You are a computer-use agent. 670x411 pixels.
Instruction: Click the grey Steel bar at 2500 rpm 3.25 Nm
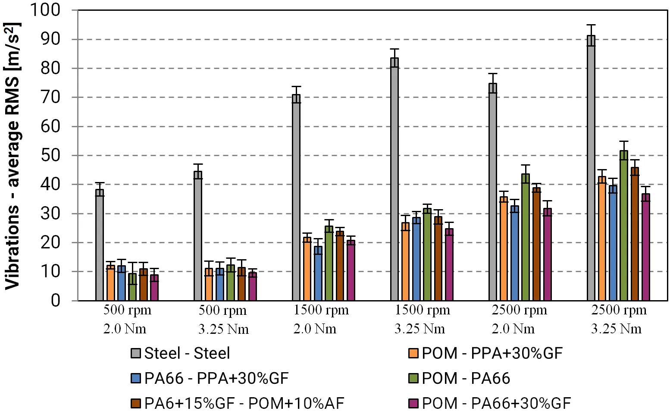tap(591, 168)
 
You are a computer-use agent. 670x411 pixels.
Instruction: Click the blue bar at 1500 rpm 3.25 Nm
tap(416, 259)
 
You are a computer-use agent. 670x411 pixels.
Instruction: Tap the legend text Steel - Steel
tap(187, 353)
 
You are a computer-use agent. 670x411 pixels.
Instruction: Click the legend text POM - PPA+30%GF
tap(492, 353)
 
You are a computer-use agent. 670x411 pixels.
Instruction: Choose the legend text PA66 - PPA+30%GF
tap(216, 378)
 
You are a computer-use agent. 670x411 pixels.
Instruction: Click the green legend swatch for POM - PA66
tap(413, 378)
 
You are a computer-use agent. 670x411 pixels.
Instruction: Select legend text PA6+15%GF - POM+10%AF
tap(244, 403)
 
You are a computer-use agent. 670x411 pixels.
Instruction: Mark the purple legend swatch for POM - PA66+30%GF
tap(413, 403)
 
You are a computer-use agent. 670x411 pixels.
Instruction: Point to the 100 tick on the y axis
tap(45, 9)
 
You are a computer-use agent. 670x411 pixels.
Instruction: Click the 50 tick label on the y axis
tap(50, 155)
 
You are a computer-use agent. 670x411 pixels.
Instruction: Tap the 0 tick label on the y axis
tap(55, 300)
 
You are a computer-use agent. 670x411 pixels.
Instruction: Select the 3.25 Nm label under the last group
tap(616, 329)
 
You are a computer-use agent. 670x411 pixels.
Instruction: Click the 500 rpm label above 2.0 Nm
tap(127, 310)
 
